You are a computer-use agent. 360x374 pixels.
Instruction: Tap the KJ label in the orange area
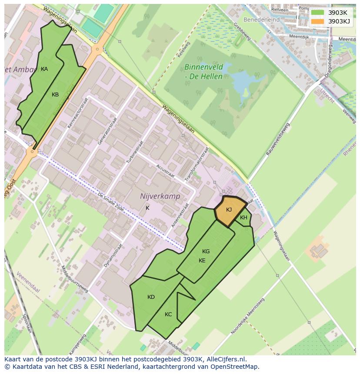point(229,210)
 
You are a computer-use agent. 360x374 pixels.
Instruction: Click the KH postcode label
point(243,218)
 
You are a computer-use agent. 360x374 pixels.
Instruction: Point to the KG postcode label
point(206,252)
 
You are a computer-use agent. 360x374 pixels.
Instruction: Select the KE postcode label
point(202,261)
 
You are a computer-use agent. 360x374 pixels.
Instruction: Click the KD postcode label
point(151,297)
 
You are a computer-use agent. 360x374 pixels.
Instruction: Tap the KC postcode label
point(168,314)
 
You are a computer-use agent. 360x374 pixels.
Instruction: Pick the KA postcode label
point(44,69)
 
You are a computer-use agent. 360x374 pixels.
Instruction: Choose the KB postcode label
point(55,95)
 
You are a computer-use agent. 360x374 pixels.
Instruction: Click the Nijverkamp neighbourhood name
point(160,196)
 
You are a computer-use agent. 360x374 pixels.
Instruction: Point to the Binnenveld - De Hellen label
point(203,72)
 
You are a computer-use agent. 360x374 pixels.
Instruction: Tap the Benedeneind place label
point(261,20)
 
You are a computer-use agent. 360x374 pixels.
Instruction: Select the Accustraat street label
point(165,172)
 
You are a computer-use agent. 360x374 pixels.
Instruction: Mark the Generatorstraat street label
point(103,130)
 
